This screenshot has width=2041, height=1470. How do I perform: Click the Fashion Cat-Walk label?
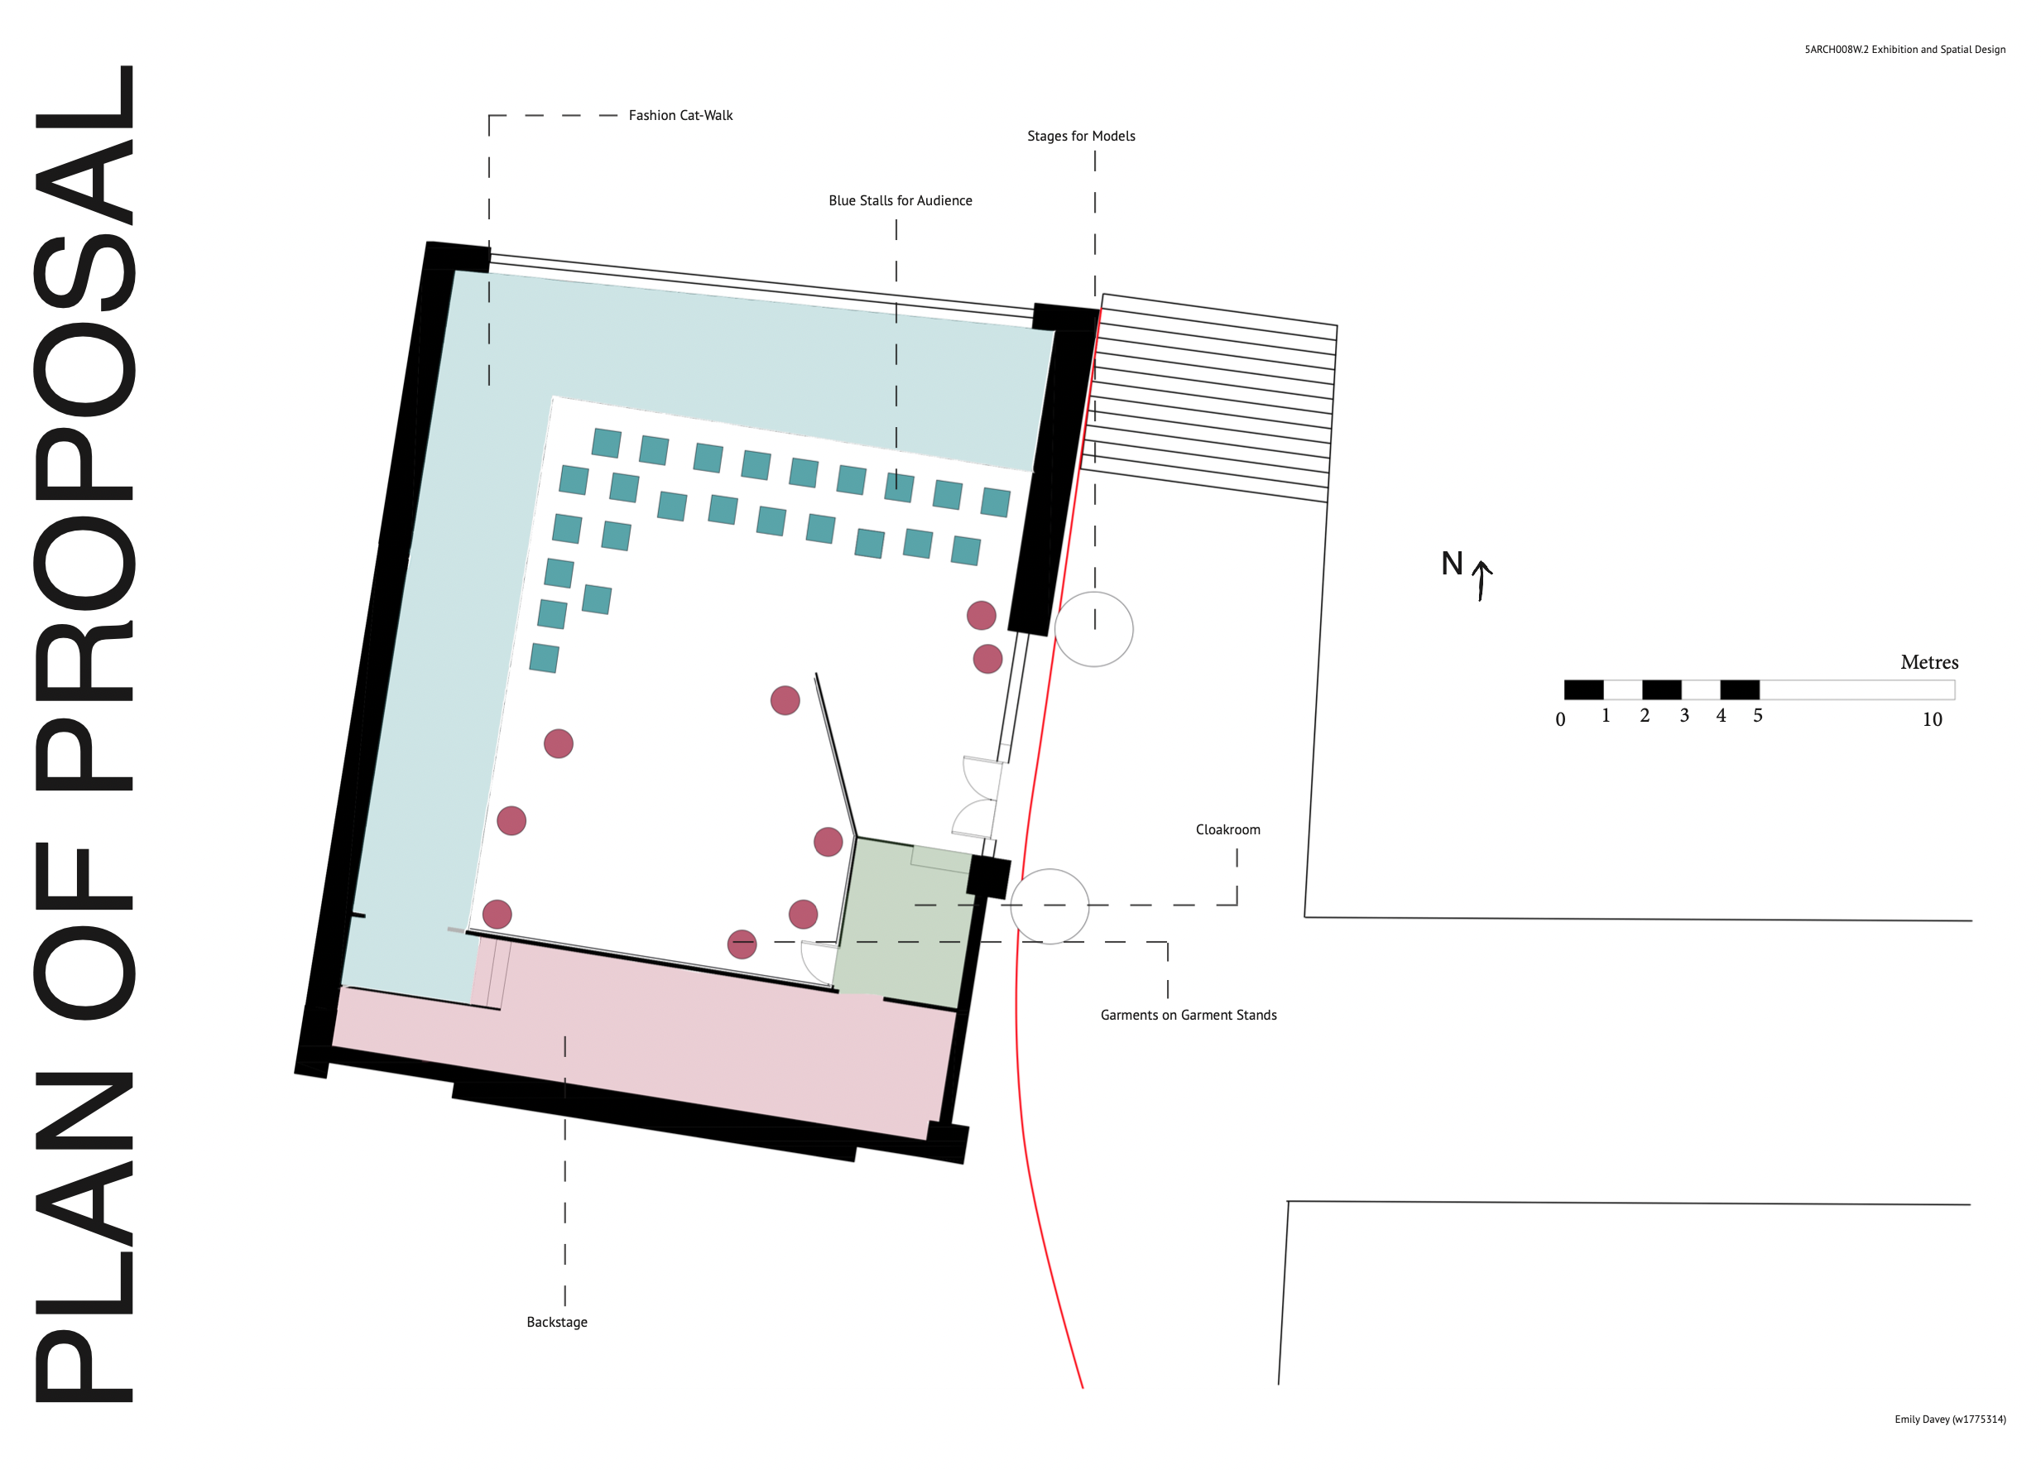coord(680,115)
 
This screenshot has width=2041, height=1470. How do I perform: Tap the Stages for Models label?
coord(1081,136)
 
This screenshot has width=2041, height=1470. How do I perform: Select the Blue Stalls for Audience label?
coord(900,201)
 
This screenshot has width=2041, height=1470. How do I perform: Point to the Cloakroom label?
coord(1227,829)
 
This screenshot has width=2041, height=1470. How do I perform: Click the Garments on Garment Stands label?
coord(1188,1015)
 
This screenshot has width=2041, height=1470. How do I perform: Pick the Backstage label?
coord(557,1322)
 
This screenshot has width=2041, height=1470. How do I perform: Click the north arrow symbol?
coord(1482,579)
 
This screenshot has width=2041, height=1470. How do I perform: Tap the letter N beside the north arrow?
coord(1452,564)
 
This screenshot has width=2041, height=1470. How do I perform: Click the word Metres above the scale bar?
coord(1928,662)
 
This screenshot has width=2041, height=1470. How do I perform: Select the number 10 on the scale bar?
coord(1931,719)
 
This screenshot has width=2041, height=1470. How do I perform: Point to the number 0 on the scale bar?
coord(1560,719)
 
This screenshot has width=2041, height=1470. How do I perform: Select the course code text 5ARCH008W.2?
coord(1836,50)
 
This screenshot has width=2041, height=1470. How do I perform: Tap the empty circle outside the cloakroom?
coord(1049,906)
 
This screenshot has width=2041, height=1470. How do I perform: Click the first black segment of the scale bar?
coord(1584,689)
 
